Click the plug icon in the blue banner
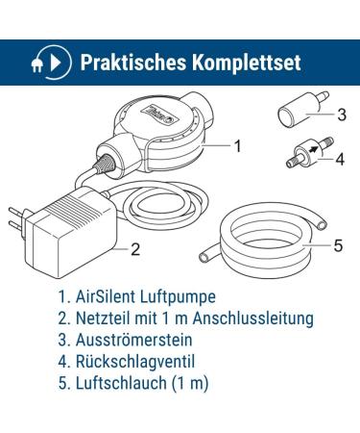pyautogui.click(x=36, y=65)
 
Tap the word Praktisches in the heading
pyautogui.click(x=133, y=63)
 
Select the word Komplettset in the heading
pyautogui.click(x=247, y=63)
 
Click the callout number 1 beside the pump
pyautogui.click(x=237, y=146)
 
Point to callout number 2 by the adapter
pyautogui.click(x=135, y=249)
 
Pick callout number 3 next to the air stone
pyautogui.click(x=342, y=115)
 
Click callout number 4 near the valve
pyautogui.click(x=340, y=160)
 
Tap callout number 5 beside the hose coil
pyautogui.click(x=338, y=245)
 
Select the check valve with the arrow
pyautogui.click(x=309, y=152)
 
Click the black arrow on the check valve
pyautogui.click(x=315, y=148)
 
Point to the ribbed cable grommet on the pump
pyautogui.click(x=103, y=164)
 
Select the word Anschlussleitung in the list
pyautogui.click(x=253, y=318)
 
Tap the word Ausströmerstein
pyautogui.click(x=134, y=340)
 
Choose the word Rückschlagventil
pyautogui.click(x=135, y=361)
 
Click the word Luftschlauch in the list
pyautogui.click(x=121, y=383)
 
